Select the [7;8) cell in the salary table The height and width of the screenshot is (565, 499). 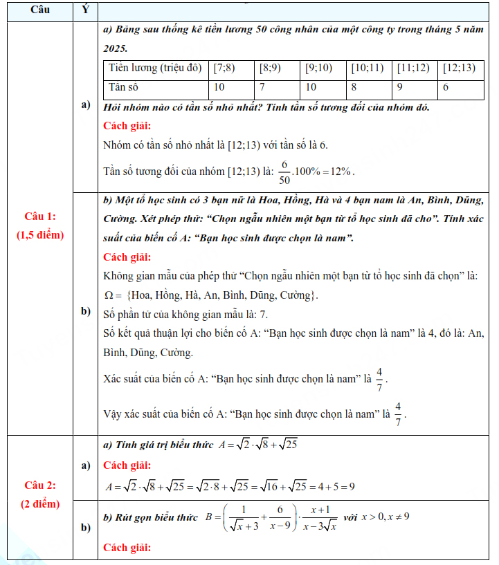(225, 68)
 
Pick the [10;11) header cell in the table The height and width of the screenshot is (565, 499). (368, 68)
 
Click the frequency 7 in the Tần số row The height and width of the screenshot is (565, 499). (264, 88)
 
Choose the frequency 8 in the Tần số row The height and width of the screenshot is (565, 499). (354, 88)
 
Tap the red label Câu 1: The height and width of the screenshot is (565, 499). (40, 216)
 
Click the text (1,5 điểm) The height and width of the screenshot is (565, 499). (40, 235)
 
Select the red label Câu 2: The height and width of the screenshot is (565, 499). (40, 485)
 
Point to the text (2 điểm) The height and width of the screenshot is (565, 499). (40, 503)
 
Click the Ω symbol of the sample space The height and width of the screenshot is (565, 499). (108, 296)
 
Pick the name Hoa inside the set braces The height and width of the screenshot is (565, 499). (141, 296)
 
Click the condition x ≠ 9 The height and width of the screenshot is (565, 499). (396, 517)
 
